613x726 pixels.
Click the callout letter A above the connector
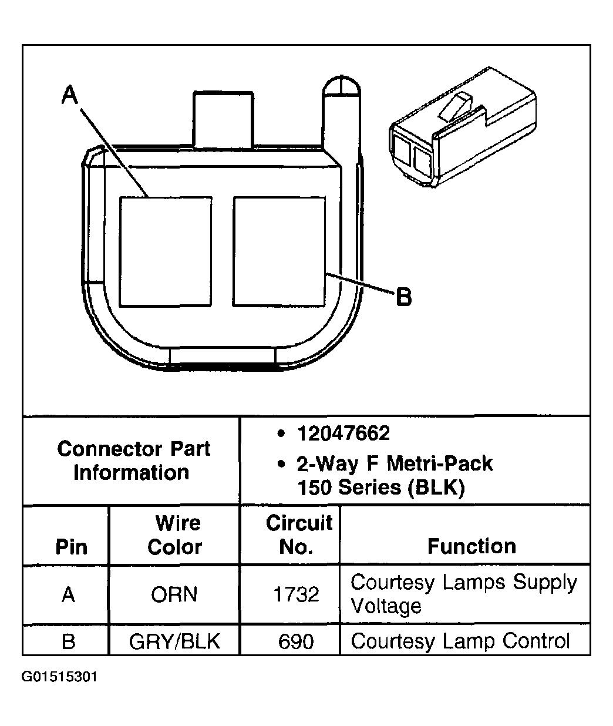point(70,95)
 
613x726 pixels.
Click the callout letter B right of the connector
point(404,297)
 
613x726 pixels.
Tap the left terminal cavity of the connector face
point(165,251)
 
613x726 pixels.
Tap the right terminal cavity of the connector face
point(279,251)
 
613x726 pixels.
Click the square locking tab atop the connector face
point(224,119)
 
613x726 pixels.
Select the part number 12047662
point(343,433)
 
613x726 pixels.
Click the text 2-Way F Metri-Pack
point(395,464)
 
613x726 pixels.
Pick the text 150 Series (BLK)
point(381,488)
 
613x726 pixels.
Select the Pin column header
point(71,547)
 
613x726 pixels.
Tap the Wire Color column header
point(175,535)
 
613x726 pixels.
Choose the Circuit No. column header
point(298,535)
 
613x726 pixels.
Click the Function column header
point(471,546)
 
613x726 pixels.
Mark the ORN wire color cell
point(174,594)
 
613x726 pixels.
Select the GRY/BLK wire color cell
point(174,641)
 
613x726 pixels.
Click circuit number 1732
point(296,594)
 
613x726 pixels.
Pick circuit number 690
point(296,641)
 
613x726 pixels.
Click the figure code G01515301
point(60,677)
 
